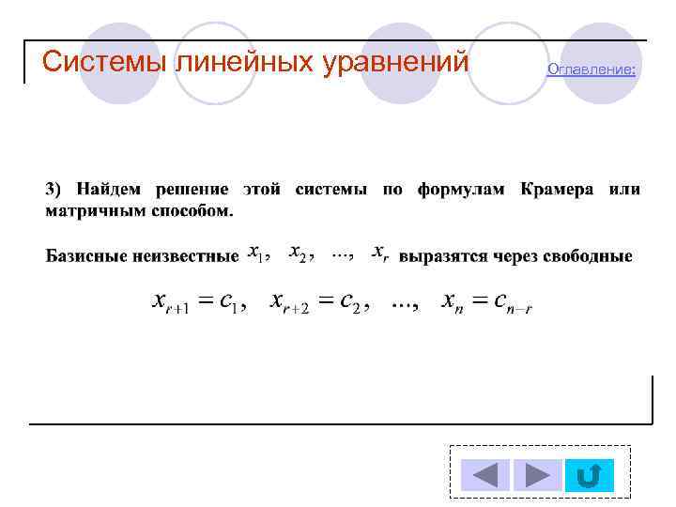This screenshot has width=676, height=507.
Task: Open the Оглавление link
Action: click(x=591, y=69)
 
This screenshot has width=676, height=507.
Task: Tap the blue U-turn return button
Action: click(x=590, y=474)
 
